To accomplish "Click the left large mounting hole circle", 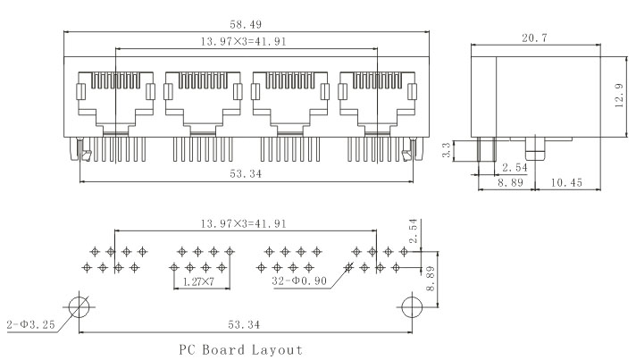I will [79, 306].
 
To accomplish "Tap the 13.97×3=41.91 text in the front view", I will [245, 42].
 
